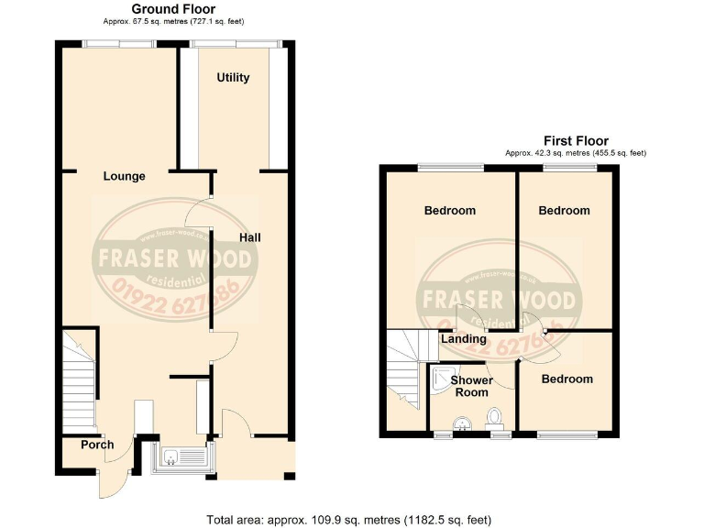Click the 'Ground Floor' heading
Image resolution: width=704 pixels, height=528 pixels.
173,9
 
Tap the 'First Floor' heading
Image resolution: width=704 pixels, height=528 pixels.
577,140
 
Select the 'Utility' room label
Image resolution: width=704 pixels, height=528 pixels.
233,77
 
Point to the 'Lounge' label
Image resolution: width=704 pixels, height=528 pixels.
125,176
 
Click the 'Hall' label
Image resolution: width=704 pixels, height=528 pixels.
250,237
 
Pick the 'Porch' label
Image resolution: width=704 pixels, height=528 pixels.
97,445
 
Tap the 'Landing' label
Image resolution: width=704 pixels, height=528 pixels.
464,339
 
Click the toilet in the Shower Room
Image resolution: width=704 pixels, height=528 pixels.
496,417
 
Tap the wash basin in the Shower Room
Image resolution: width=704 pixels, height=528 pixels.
464,422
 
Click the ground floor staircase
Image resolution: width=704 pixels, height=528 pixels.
77,376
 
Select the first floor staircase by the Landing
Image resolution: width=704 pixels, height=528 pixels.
404,371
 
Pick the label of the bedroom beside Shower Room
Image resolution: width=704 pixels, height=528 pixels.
566,379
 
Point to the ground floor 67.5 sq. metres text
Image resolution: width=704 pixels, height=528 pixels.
173,21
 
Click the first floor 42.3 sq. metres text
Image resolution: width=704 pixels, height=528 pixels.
577,153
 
